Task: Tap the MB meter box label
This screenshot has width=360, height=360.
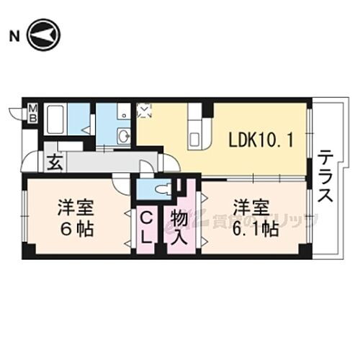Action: (32, 113)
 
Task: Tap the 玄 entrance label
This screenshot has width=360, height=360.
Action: (55, 161)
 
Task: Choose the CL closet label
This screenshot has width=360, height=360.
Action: (146, 225)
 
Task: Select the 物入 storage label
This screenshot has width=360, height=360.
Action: (179, 226)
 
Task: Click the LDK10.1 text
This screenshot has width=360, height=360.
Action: (261, 140)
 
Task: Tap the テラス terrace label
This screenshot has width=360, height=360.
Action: (325, 176)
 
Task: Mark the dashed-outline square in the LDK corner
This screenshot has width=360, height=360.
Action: (145, 111)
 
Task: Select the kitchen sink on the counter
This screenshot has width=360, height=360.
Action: (196, 137)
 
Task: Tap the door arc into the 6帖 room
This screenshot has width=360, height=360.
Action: (121, 186)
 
